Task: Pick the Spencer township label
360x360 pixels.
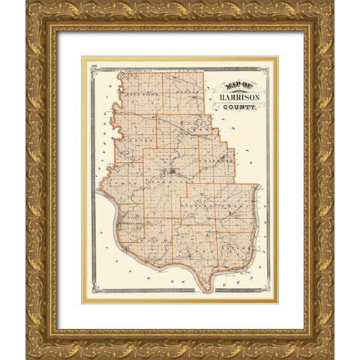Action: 133,140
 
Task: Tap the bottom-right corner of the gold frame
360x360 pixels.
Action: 331,356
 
